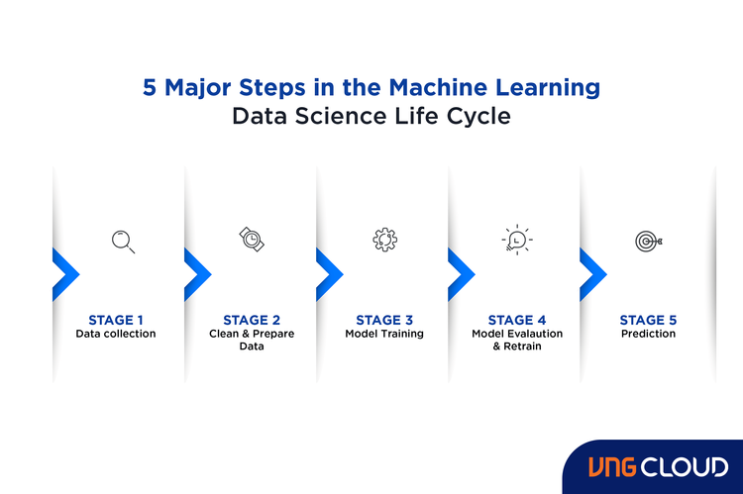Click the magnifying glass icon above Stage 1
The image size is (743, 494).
click(x=123, y=241)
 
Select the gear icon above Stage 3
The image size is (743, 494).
click(x=384, y=240)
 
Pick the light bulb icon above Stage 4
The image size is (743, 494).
click(x=516, y=241)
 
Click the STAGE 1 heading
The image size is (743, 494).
click(x=116, y=320)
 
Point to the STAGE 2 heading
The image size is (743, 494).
click(x=252, y=320)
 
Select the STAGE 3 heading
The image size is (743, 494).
click(x=384, y=320)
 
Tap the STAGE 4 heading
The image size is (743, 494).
click(x=517, y=320)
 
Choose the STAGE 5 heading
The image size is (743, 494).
click(x=649, y=320)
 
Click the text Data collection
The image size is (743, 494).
click(x=116, y=334)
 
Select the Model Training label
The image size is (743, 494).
click(x=384, y=334)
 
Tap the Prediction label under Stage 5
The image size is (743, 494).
click(x=649, y=334)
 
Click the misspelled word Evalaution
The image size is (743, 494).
click(x=535, y=334)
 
